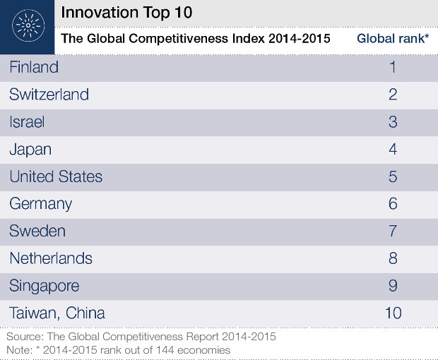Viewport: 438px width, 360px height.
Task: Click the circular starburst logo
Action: point(28,27)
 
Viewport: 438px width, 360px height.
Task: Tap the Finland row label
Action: point(34,68)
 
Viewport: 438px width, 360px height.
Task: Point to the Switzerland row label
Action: point(49,95)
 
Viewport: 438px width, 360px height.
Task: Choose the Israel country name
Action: point(27,122)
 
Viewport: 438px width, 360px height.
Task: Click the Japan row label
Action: point(30,150)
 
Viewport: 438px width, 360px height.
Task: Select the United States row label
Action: point(56,176)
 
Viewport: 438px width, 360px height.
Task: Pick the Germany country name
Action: point(41,204)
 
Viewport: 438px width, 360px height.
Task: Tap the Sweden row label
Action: point(37,231)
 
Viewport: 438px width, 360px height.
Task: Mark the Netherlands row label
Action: point(51,258)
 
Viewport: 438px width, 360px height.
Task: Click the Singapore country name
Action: point(44,286)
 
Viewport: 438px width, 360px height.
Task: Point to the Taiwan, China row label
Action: point(57,313)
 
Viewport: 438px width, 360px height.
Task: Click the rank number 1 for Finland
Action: point(393,68)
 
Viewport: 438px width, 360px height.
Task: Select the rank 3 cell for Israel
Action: point(393,122)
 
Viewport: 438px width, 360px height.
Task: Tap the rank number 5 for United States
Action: point(393,176)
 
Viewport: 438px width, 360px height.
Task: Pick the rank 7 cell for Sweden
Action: point(393,231)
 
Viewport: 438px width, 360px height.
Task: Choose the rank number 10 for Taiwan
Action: point(393,313)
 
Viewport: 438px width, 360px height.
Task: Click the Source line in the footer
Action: point(141,337)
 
